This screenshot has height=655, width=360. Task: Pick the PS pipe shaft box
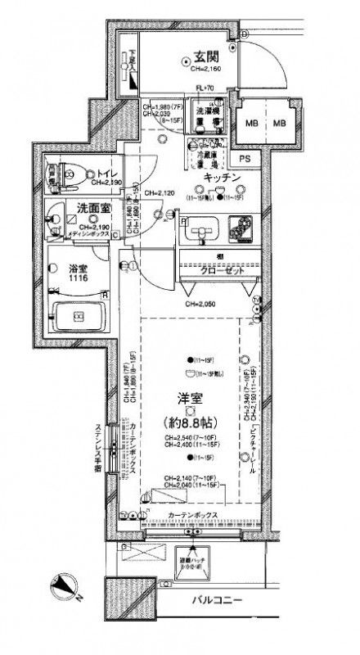(244, 159)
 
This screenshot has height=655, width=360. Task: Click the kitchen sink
(200, 230)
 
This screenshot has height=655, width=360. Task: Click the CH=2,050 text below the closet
(202, 305)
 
